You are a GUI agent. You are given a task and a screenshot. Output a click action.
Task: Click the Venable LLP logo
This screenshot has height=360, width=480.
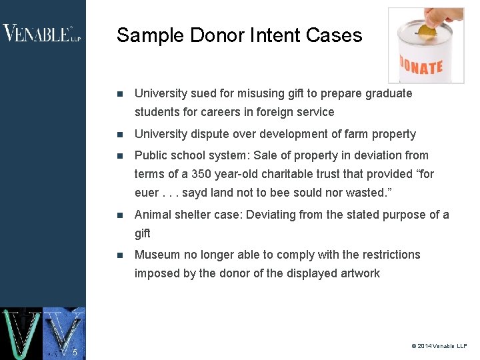point(41,33)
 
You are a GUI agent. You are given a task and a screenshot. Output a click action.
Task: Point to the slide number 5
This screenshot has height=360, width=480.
point(75,352)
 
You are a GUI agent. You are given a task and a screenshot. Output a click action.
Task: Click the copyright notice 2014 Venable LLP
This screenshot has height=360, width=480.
point(439,346)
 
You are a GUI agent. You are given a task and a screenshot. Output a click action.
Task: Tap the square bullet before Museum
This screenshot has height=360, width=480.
point(119,255)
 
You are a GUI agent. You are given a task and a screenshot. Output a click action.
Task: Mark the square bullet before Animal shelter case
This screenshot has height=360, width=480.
point(119,215)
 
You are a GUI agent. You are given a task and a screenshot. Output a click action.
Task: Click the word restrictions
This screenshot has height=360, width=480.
point(388,255)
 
